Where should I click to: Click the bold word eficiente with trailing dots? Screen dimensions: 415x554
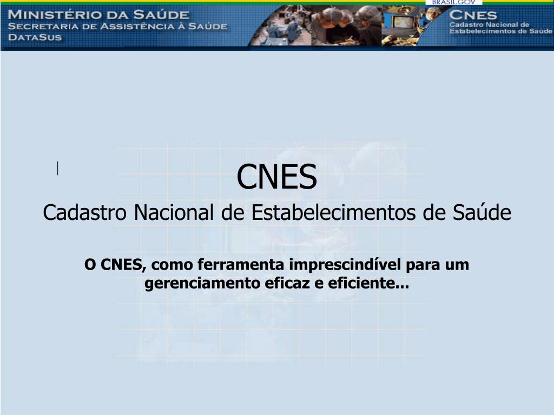point(366,283)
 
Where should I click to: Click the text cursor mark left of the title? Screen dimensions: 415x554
point(57,169)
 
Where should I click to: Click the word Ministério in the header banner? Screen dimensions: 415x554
point(52,15)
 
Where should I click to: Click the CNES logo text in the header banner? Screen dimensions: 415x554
point(473,16)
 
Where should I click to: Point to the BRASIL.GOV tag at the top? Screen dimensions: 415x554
point(453,2)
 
